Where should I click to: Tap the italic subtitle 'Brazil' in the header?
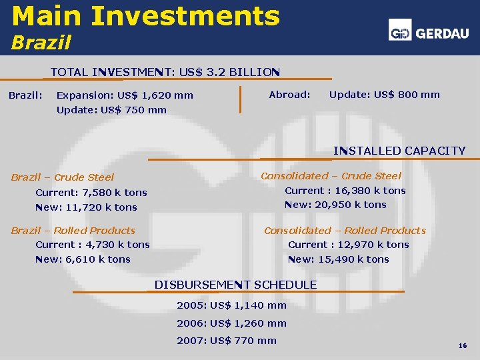[x=40, y=43]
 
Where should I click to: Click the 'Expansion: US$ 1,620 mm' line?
[x=125, y=95]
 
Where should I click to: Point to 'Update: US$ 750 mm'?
[x=111, y=110]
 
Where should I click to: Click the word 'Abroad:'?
[x=289, y=95]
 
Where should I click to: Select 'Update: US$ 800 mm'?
[x=385, y=95]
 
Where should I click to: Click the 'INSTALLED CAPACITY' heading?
[x=399, y=151]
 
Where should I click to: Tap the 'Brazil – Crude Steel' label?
[x=63, y=177]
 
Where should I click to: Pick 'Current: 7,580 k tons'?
[x=91, y=193]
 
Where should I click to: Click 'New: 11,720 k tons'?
[x=86, y=207]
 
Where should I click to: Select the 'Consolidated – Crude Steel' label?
[x=331, y=176]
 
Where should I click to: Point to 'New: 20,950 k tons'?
[x=335, y=205]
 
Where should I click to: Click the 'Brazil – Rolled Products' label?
[x=73, y=231]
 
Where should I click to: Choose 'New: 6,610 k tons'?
[x=83, y=259]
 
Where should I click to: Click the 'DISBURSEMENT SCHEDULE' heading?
[x=235, y=285]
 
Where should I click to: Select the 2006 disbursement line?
[x=231, y=323]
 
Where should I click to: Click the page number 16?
[x=462, y=347]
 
